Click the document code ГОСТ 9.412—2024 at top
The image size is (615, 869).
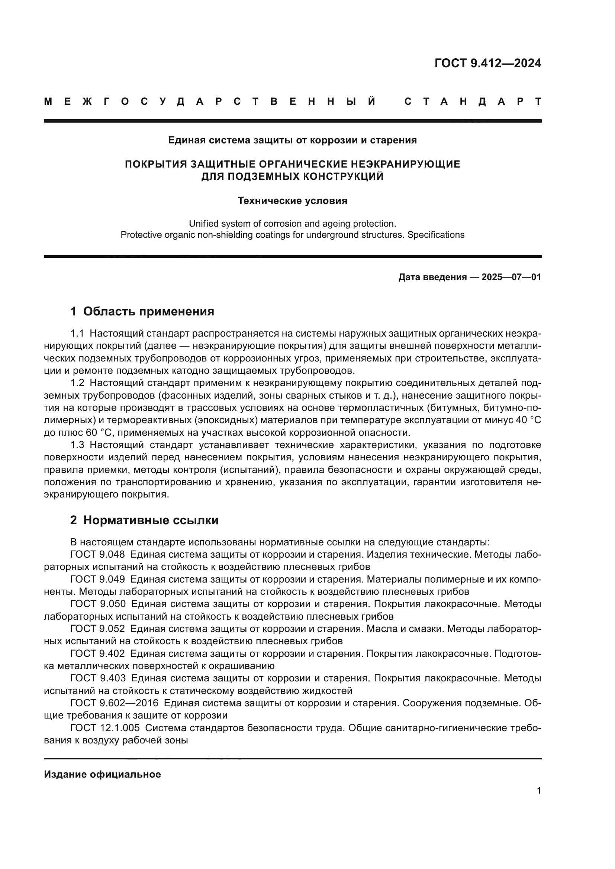488,63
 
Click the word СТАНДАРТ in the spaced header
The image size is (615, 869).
473,101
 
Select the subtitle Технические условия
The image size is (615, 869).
292,201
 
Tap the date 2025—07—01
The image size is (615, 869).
511,278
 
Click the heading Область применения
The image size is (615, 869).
148,311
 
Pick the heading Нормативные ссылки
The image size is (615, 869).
151,520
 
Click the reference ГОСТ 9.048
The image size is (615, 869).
97,554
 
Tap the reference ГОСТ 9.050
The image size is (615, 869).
97,604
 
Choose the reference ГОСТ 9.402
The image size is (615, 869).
97,654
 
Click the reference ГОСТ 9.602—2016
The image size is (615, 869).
114,703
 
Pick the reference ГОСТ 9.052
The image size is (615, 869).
97,629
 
